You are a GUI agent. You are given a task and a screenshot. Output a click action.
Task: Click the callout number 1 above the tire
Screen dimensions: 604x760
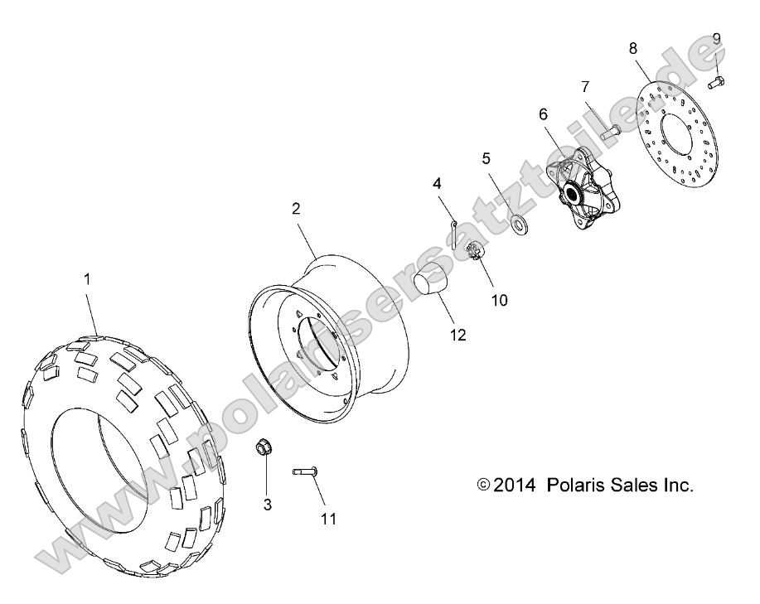pyautogui.click(x=86, y=280)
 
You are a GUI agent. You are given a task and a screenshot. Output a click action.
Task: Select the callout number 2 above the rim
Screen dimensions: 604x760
pyautogui.click(x=295, y=208)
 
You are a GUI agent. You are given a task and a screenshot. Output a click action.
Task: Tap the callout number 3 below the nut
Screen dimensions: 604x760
pyautogui.click(x=268, y=504)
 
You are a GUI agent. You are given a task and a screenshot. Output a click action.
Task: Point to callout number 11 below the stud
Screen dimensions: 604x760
pyautogui.click(x=329, y=519)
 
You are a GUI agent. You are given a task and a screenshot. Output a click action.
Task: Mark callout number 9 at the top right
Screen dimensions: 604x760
pyautogui.click(x=716, y=38)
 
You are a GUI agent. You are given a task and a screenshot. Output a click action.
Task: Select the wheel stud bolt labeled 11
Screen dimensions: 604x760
pyautogui.click(x=306, y=471)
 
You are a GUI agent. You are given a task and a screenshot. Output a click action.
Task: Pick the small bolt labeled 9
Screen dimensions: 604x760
pyautogui.click(x=717, y=81)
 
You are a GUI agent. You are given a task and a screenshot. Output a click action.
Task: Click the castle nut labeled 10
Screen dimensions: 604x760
pyautogui.click(x=477, y=253)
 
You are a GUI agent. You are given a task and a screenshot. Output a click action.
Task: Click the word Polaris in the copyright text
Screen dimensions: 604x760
pyautogui.click(x=574, y=486)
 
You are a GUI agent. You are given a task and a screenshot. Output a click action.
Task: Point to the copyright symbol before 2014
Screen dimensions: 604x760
pyautogui.click(x=484, y=486)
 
